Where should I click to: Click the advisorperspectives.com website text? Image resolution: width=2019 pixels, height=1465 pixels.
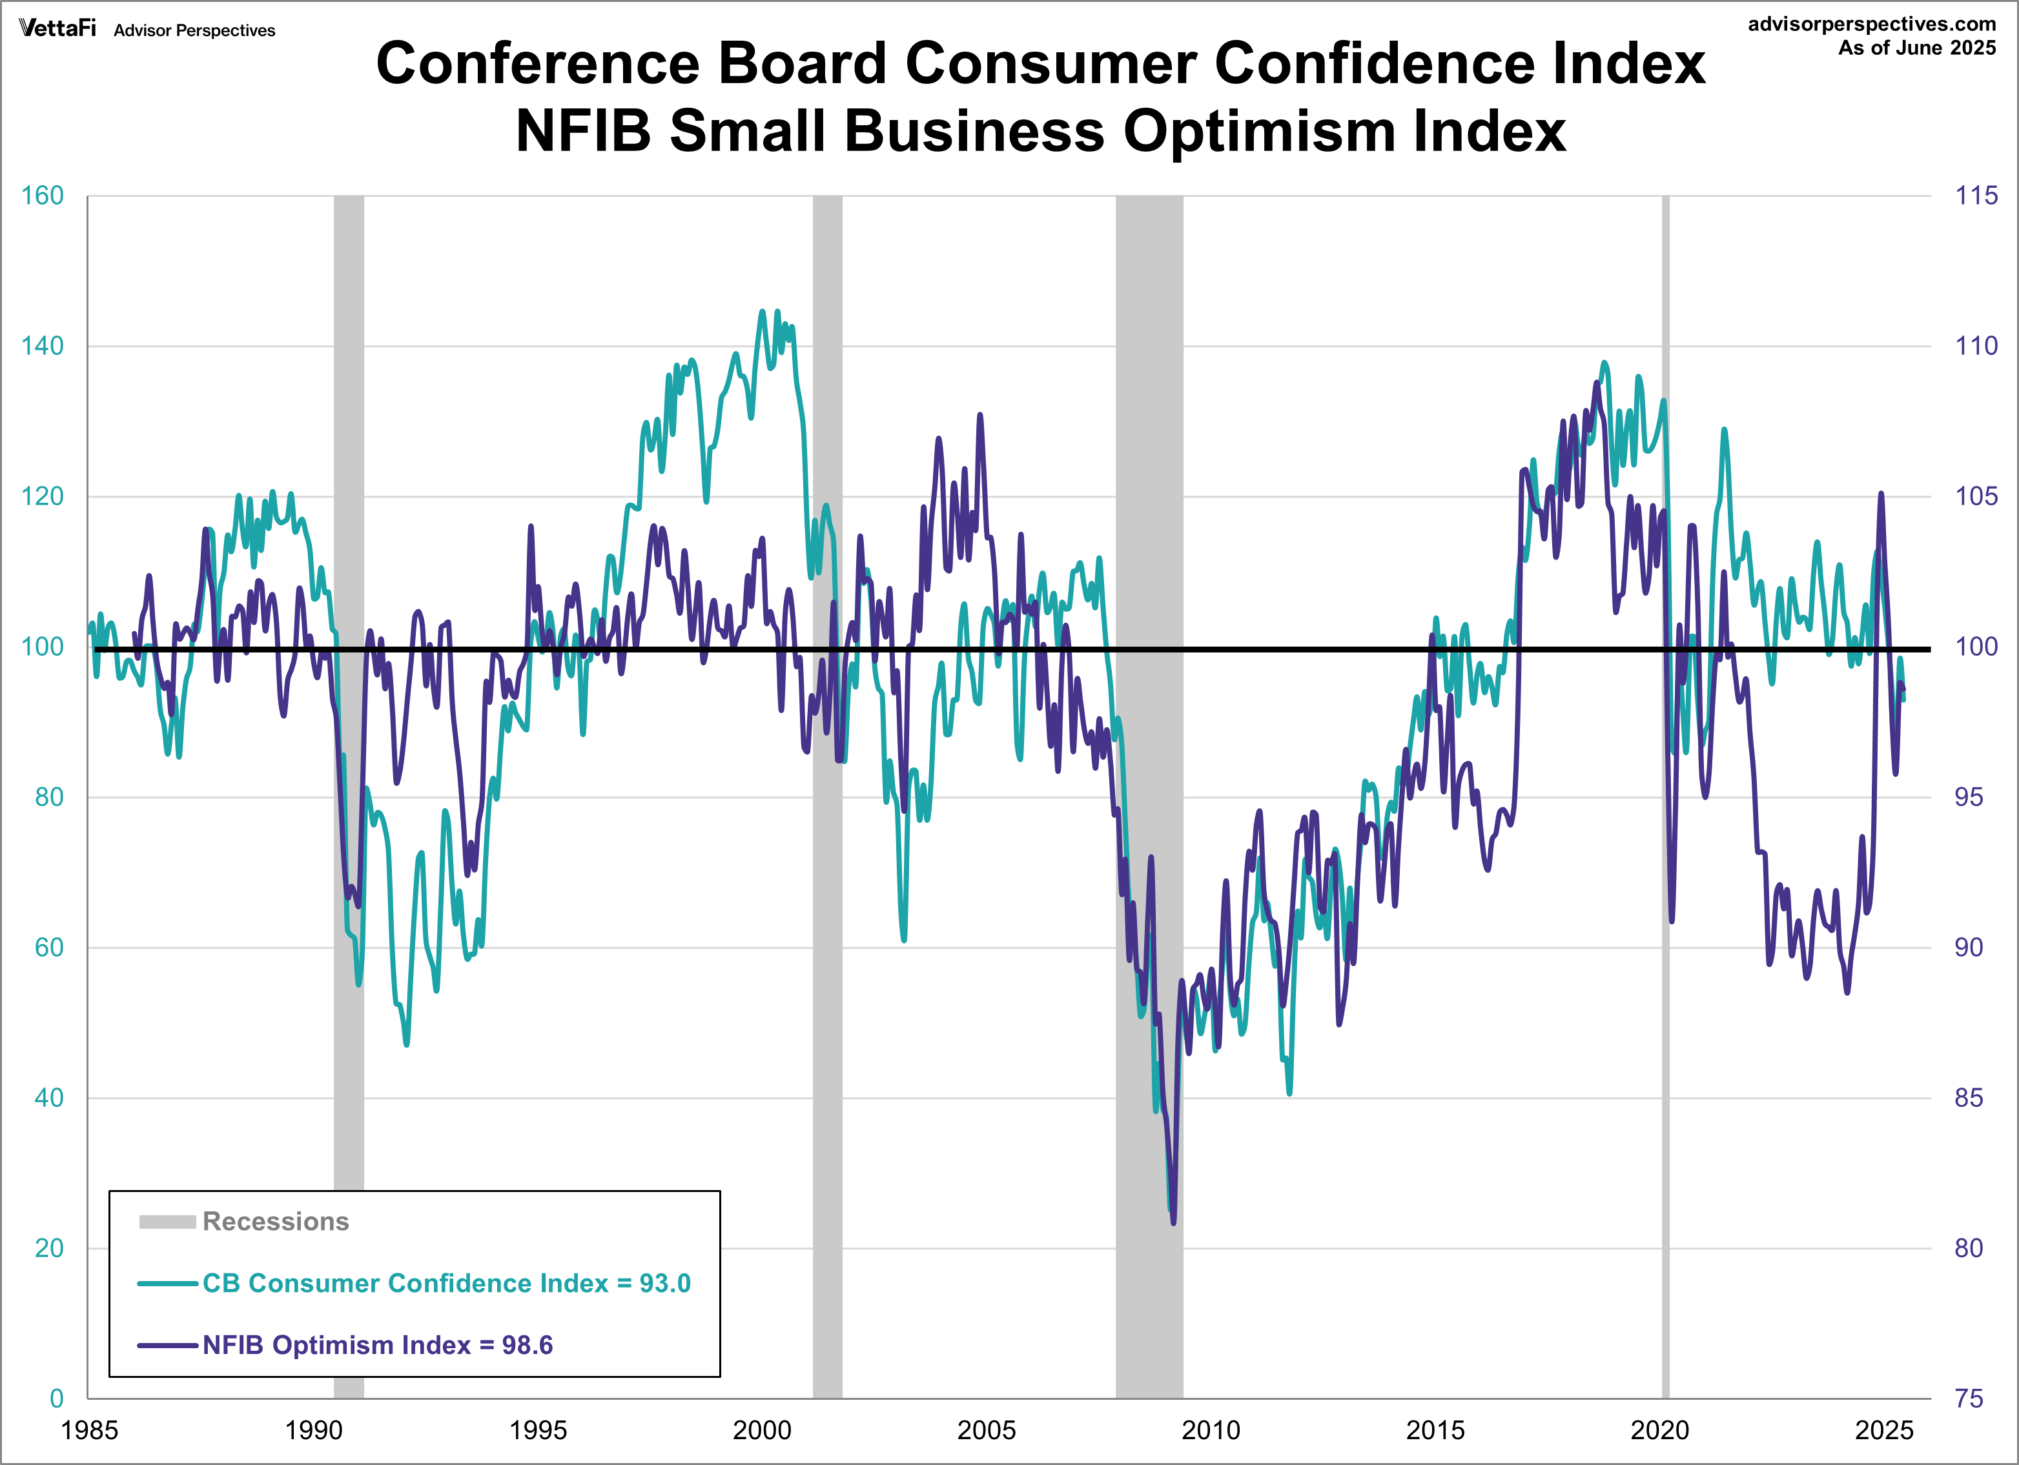tap(1871, 24)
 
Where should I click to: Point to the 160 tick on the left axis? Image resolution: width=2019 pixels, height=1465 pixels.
tap(43, 196)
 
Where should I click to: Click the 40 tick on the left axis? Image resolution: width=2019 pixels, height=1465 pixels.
tap(49, 1097)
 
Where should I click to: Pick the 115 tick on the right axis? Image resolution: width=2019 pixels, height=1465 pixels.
tap(1975, 196)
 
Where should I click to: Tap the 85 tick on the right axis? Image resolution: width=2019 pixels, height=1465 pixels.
tap(1968, 1097)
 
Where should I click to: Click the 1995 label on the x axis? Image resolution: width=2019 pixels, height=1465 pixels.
tap(538, 1430)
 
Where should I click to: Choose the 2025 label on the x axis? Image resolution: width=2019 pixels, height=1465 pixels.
tap(1883, 1430)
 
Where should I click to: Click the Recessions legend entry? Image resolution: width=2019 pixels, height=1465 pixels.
tap(275, 1221)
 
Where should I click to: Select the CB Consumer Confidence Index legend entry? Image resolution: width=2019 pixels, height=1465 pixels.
tap(446, 1284)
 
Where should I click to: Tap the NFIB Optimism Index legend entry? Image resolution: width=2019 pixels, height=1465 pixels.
tap(378, 1345)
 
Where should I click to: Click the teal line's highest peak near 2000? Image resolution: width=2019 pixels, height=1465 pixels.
tap(762, 312)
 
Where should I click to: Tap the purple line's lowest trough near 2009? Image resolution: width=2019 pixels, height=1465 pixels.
tap(1173, 1222)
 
